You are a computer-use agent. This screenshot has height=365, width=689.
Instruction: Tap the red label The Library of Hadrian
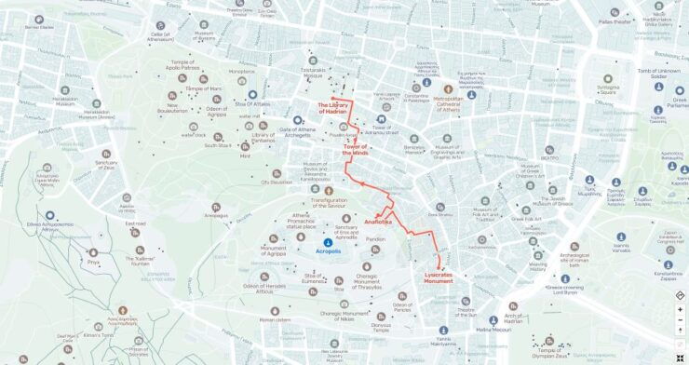(332, 108)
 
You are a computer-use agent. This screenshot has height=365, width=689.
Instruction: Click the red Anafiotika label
(378, 223)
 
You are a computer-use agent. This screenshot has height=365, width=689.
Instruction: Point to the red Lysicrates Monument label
(439, 277)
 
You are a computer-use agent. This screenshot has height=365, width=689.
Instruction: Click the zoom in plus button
(680, 309)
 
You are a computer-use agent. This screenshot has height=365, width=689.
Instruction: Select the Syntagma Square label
(607, 89)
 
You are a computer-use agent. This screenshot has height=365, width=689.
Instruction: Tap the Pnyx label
(93, 263)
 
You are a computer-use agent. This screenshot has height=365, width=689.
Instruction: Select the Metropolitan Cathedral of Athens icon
(448, 89)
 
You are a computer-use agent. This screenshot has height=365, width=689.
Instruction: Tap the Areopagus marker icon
(216, 207)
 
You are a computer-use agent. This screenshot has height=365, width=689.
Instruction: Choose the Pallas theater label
(615, 20)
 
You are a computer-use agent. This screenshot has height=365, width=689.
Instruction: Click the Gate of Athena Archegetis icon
(263, 125)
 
